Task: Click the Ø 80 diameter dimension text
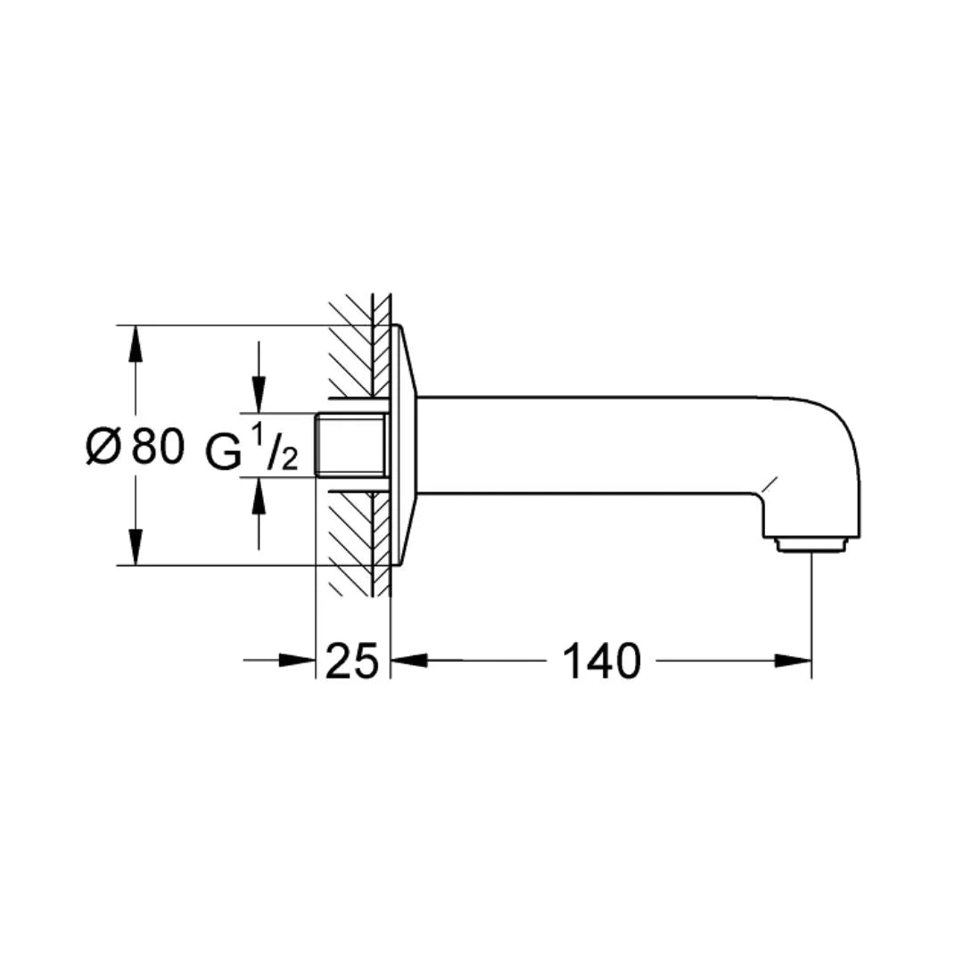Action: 136,447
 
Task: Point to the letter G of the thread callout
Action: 224,450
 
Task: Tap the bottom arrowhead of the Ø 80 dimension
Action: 135,548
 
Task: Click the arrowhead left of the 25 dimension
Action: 299,661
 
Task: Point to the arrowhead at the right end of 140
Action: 794,661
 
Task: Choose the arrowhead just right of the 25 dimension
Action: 408,661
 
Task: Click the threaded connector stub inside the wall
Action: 350,445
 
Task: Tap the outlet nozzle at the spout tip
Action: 810,543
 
